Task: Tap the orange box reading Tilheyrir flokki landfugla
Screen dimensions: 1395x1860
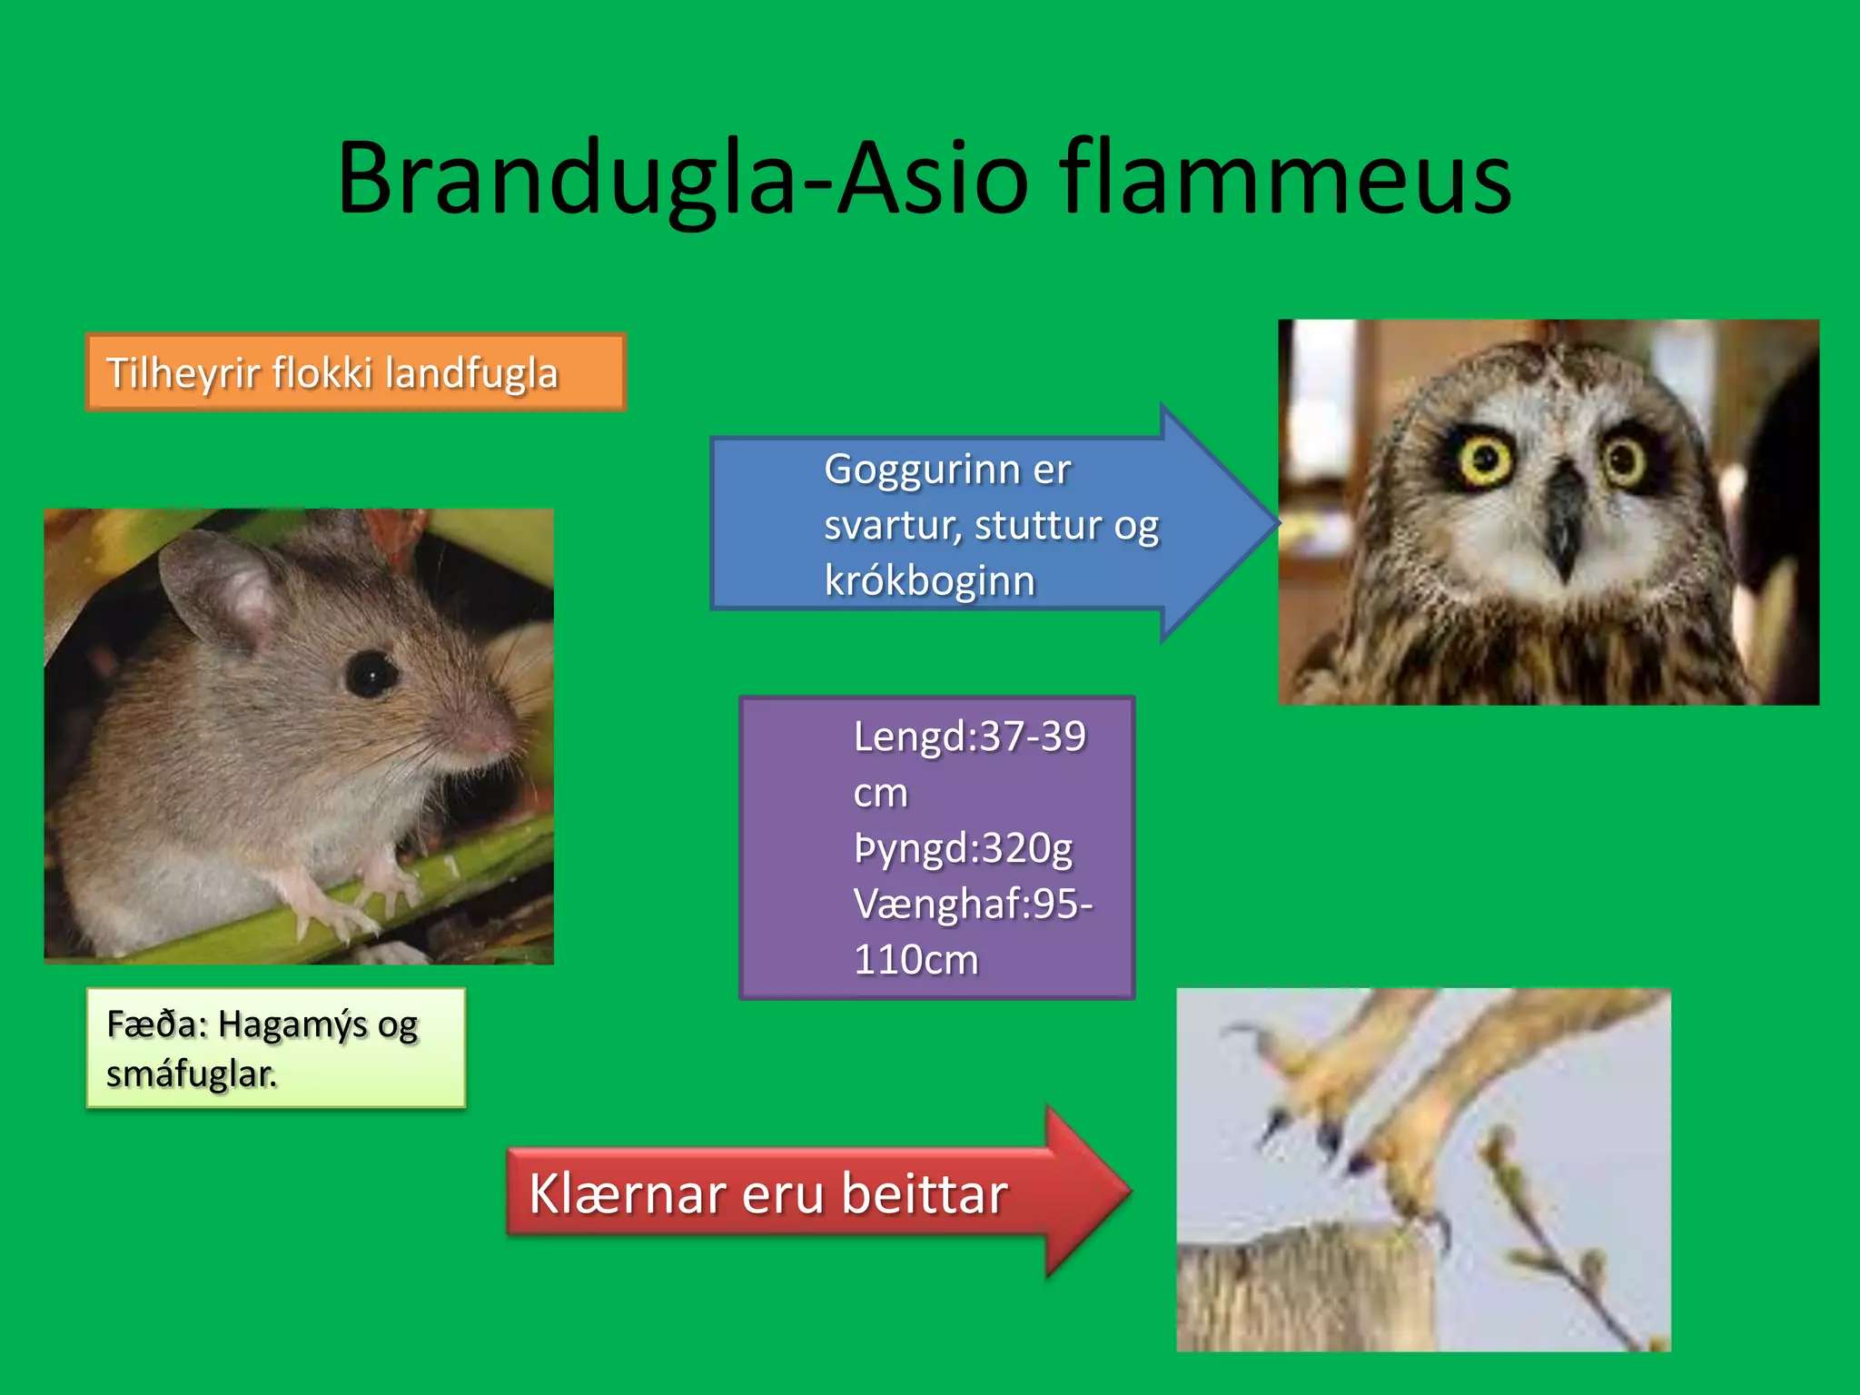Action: click(355, 372)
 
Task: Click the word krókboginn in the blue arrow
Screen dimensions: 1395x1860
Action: click(929, 581)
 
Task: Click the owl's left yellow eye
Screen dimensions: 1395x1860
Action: click(1486, 460)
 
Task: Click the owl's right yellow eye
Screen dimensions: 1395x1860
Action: click(1624, 460)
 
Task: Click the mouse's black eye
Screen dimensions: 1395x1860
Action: click(371, 673)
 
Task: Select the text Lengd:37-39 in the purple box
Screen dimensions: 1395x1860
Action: click(969, 736)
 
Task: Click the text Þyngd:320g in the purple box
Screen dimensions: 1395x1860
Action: click(963, 848)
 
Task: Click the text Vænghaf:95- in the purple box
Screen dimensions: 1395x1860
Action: click(973, 904)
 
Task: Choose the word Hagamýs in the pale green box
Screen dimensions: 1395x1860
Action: click(293, 1024)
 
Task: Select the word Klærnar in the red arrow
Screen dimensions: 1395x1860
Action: click(628, 1193)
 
